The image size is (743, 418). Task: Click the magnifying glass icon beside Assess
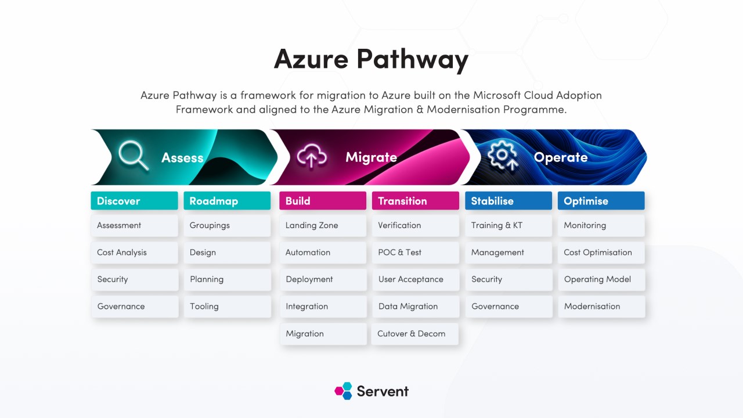pyautogui.click(x=134, y=156)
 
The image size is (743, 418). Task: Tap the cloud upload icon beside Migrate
pyautogui.click(x=312, y=156)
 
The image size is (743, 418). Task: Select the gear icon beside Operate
pyautogui.click(x=503, y=155)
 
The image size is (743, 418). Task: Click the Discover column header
pyautogui.click(x=134, y=201)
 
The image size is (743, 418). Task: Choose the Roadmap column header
pyautogui.click(x=227, y=201)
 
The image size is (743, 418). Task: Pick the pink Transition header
pyautogui.click(x=416, y=201)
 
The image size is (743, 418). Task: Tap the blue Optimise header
pyautogui.click(x=601, y=201)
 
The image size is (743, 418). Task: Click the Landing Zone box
pyautogui.click(x=323, y=226)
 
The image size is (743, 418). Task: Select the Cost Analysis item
pyautogui.click(x=134, y=253)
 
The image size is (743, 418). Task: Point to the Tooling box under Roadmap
pyautogui.click(x=228, y=307)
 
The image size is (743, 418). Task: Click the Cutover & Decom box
pyautogui.click(x=415, y=334)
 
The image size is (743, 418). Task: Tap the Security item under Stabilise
pyautogui.click(x=509, y=280)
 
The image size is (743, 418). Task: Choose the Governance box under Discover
pyautogui.click(x=135, y=307)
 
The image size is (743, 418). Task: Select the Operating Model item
pyautogui.click(x=602, y=280)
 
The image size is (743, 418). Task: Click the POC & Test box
pyautogui.click(x=416, y=253)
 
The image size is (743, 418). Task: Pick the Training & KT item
pyautogui.click(x=509, y=226)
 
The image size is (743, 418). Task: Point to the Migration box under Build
pyautogui.click(x=323, y=334)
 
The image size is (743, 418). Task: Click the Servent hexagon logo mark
pyautogui.click(x=343, y=391)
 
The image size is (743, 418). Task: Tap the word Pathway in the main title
pyautogui.click(x=412, y=60)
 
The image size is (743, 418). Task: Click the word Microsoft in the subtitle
pyautogui.click(x=497, y=96)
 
